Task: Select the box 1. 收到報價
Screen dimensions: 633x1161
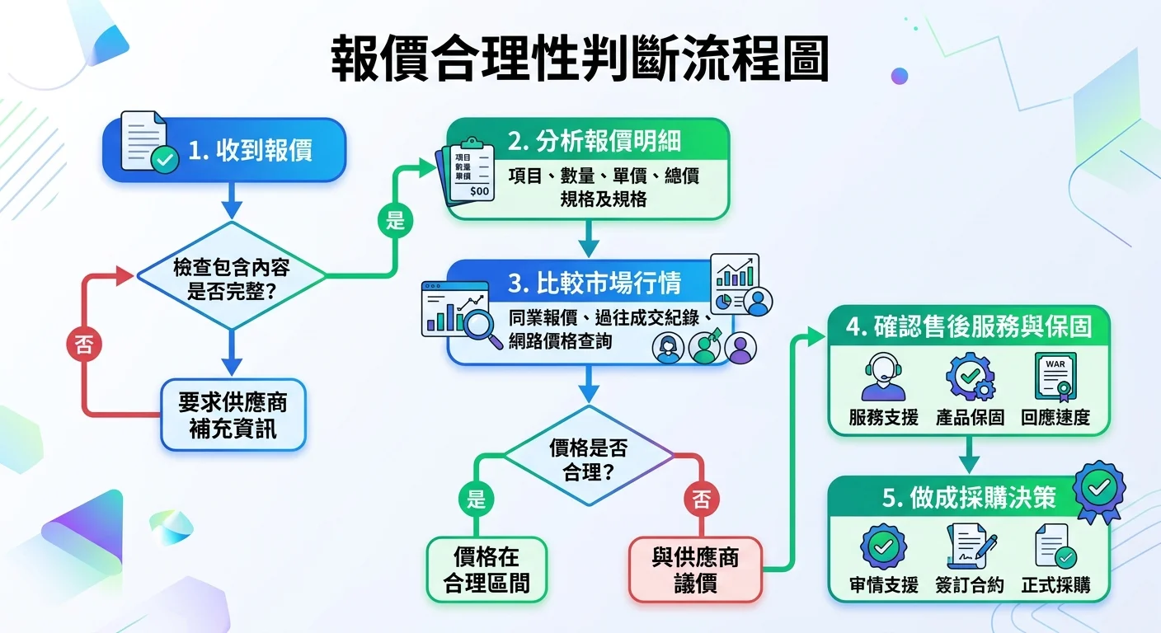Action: tap(223, 150)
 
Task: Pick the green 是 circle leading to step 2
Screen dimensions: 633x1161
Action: tap(394, 220)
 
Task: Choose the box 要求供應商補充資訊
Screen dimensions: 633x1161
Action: tap(233, 415)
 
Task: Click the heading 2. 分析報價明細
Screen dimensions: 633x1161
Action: tap(594, 141)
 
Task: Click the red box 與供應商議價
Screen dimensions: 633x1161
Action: tap(695, 570)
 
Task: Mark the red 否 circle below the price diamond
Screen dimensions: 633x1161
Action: tap(701, 499)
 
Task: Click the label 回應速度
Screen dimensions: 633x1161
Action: tap(1055, 417)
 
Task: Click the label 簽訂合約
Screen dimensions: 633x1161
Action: tap(970, 585)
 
